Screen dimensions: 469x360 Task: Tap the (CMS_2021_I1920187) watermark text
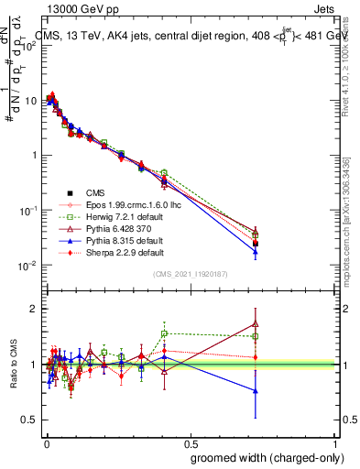(x=190, y=274)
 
